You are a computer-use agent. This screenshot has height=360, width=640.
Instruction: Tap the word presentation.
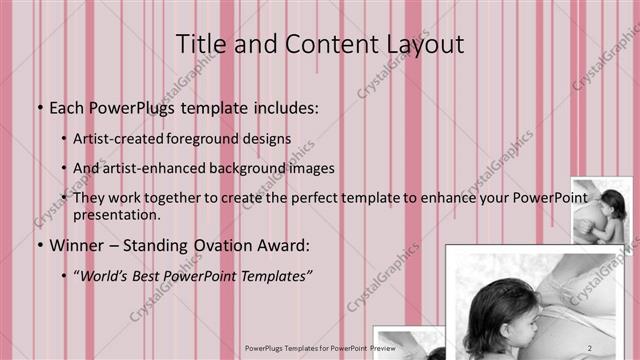coord(116,214)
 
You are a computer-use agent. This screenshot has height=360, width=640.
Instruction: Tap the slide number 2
coord(591,347)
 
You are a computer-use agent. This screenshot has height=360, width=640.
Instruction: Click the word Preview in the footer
coord(380,348)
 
